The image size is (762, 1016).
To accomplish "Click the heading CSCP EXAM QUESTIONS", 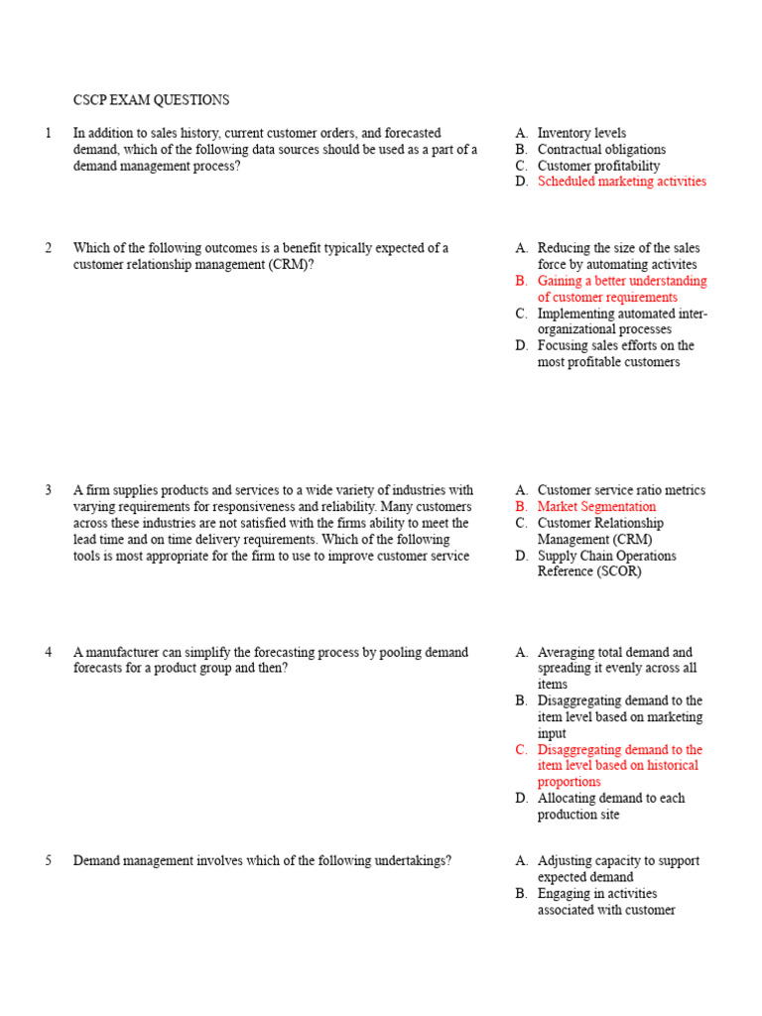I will [x=151, y=100].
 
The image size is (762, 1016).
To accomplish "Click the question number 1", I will [x=49, y=133].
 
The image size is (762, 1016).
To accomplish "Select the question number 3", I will [x=49, y=490].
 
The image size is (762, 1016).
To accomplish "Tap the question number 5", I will [x=49, y=861].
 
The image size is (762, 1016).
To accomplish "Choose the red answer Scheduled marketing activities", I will [x=621, y=182].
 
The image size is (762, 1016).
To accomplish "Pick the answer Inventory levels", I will [x=581, y=133].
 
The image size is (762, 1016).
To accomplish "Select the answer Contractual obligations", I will [x=601, y=150].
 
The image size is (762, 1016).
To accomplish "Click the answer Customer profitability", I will [x=598, y=166].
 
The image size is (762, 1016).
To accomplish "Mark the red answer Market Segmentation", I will [x=596, y=507].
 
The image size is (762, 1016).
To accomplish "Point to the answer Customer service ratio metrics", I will [x=621, y=490].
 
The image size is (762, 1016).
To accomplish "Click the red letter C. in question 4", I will [x=522, y=750].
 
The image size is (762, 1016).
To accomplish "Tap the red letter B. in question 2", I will [x=522, y=281].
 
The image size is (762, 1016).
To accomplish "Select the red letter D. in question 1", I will [x=522, y=182].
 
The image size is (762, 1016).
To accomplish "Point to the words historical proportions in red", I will [x=617, y=774].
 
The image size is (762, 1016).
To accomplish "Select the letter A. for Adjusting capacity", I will [x=522, y=861].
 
